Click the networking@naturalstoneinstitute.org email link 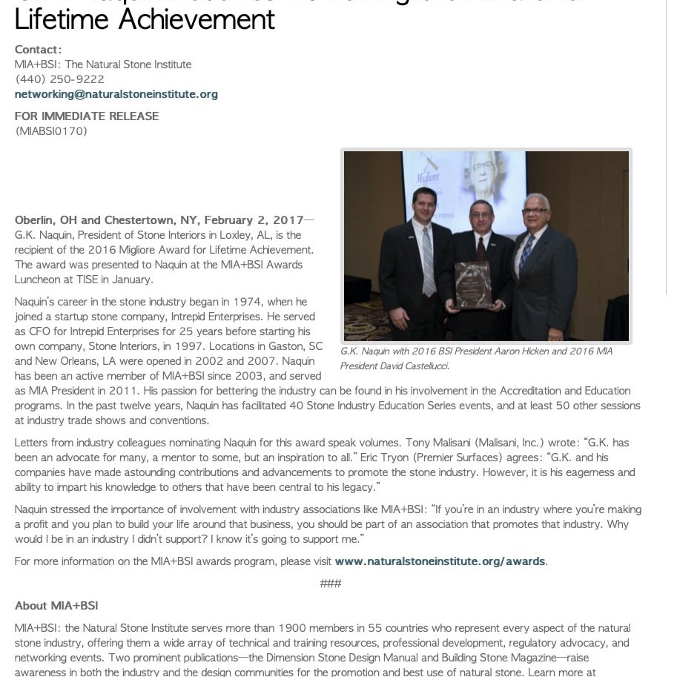[x=116, y=94]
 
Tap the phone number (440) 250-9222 [x=59, y=79]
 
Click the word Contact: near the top [x=39, y=50]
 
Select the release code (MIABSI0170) [x=51, y=131]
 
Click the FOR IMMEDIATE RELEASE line [x=87, y=116]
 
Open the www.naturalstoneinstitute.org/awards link [x=440, y=561]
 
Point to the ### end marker [x=331, y=584]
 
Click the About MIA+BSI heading [x=56, y=606]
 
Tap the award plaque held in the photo [x=472, y=284]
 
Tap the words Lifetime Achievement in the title [x=145, y=18]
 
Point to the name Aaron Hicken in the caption [x=525, y=351]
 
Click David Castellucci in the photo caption [x=415, y=366]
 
